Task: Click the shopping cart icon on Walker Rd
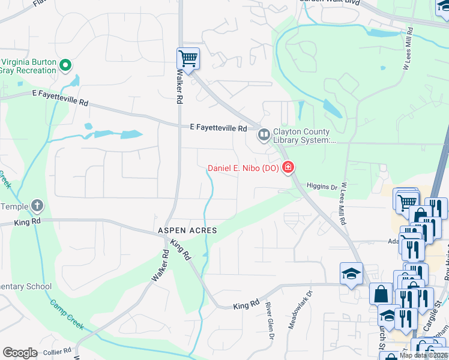click(188, 59)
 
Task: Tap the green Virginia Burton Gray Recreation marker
click(66, 66)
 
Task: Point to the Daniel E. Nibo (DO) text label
click(243, 168)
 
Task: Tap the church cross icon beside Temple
click(37, 206)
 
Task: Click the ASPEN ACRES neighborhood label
click(187, 230)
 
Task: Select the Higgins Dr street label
click(322, 187)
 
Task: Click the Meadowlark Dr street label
click(310, 309)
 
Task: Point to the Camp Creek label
click(70, 315)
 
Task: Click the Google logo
click(20, 353)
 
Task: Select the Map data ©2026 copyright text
click(423, 355)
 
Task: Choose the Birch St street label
click(382, 337)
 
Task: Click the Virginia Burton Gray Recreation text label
click(28, 66)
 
